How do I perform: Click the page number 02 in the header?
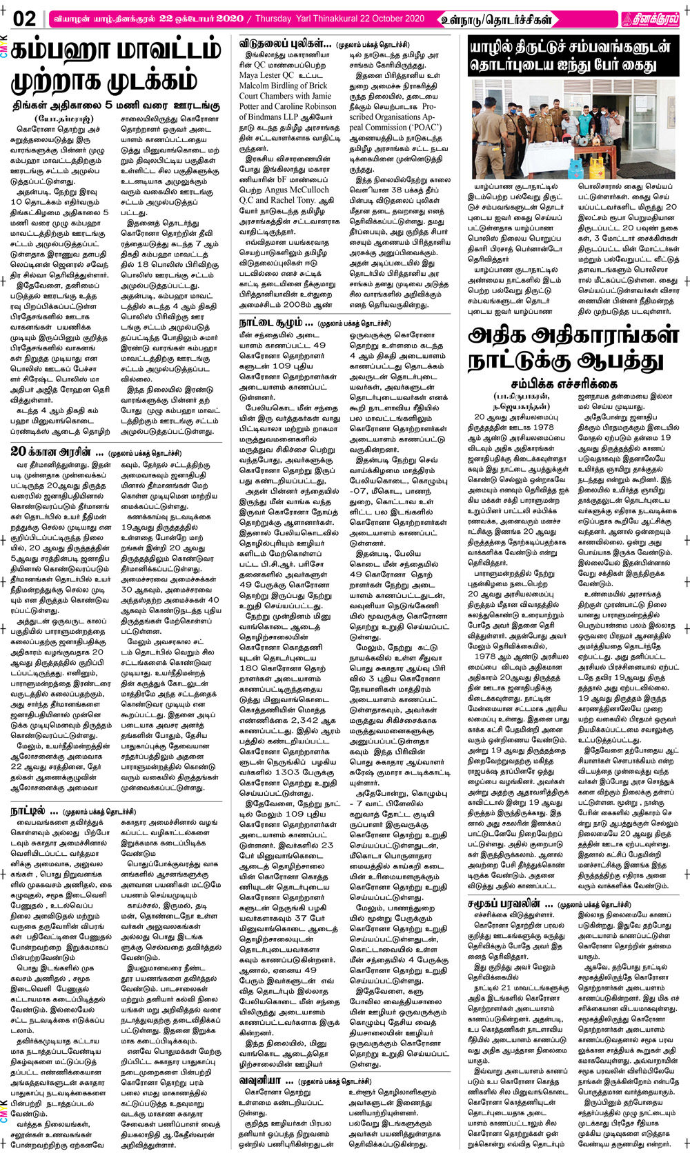(x=24, y=19)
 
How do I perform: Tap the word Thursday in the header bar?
(x=273, y=19)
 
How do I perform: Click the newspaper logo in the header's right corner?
(x=650, y=19)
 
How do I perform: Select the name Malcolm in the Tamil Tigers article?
(x=255, y=86)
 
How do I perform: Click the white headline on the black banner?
(x=571, y=57)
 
